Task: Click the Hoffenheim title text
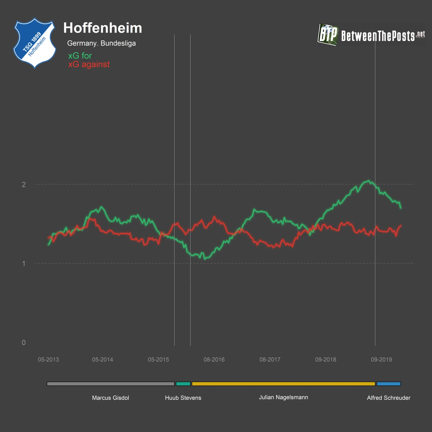(103, 28)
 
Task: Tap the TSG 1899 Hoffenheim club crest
(35, 43)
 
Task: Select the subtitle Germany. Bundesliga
(101, 43)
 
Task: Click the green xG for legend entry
(80, 56)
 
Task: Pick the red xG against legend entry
(89, 64)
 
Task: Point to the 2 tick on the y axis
(24, 184)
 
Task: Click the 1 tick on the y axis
(24, 263)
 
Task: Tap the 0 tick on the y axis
(24, 342)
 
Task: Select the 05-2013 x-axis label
(48, 360)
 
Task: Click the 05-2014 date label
(102, 360)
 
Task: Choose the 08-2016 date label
(214, 360)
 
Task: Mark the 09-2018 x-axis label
(325, 360)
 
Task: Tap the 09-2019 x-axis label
(381, 360)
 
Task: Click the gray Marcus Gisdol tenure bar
(110, 384)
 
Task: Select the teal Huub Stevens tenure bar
(183, 384)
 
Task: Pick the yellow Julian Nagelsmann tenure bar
(283, 384)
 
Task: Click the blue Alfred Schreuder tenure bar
(389, 384)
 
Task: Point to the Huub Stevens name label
(183, 398)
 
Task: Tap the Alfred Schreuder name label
(389, 398)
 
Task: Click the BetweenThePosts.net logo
(371, 35)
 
